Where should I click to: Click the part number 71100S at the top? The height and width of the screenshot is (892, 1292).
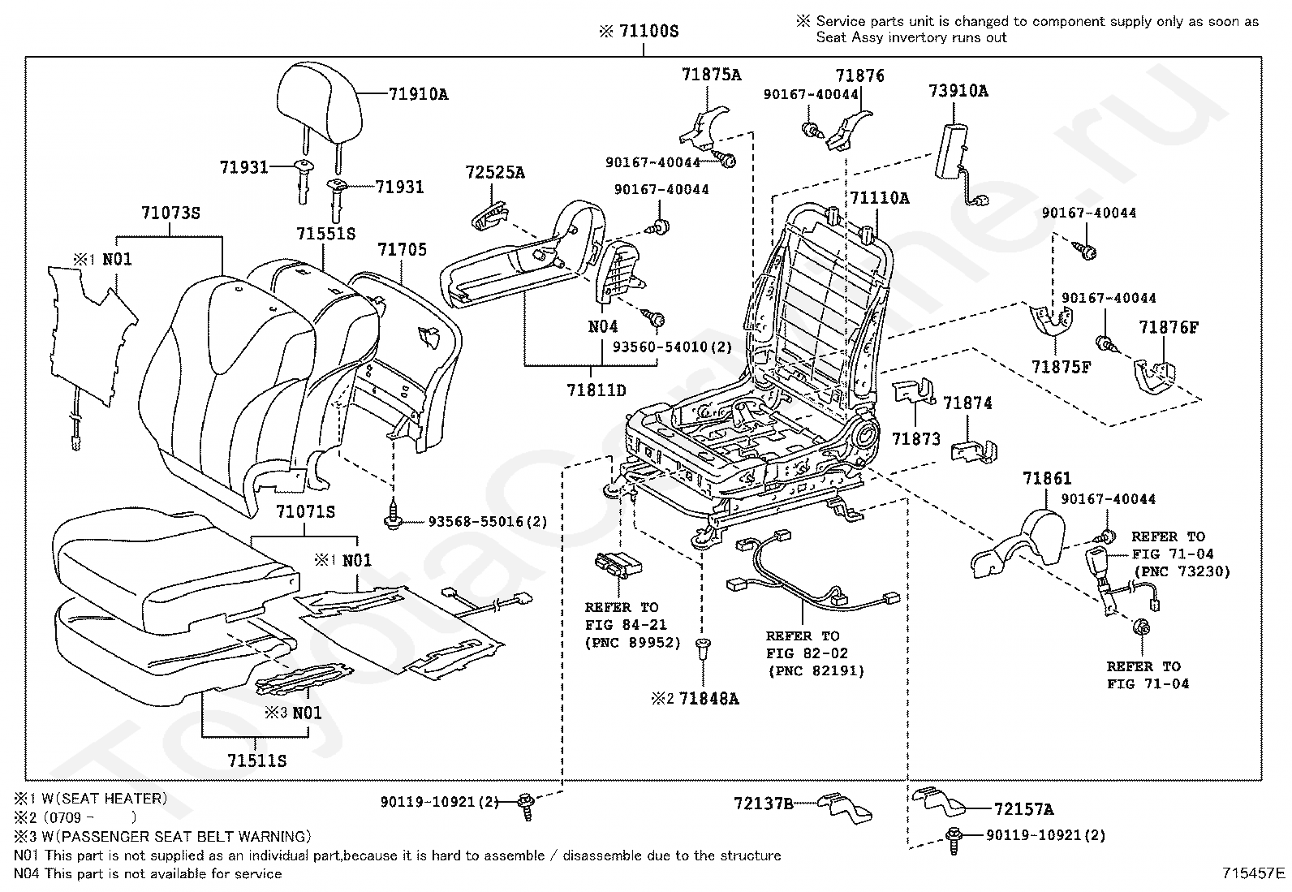point(649,31)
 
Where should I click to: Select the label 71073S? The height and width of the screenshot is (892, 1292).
point(170,213)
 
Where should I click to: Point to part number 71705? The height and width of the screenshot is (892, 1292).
point(402,249)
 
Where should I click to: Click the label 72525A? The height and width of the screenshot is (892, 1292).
point(495,172)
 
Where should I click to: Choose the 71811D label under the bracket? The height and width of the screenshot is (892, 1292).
point(596,390)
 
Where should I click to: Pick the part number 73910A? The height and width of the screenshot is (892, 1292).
point(958,91)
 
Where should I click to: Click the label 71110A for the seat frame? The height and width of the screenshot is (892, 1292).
point(880,198)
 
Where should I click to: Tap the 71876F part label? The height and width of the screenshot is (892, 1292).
point(1169,327)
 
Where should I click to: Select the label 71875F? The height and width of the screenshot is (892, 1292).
point(1062,367)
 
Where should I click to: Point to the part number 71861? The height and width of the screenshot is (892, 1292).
point(1047,478)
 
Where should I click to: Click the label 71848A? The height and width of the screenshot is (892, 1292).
point(708,699)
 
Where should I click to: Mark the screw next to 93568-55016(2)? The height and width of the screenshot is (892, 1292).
point(394,516)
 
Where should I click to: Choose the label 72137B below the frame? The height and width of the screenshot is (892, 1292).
point(764,804)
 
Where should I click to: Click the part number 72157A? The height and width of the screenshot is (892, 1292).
point(1024,809)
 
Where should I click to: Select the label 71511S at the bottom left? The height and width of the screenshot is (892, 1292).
point(256,761)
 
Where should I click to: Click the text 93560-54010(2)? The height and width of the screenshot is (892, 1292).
point(672,347)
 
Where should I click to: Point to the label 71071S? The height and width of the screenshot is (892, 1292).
point(305,511)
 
